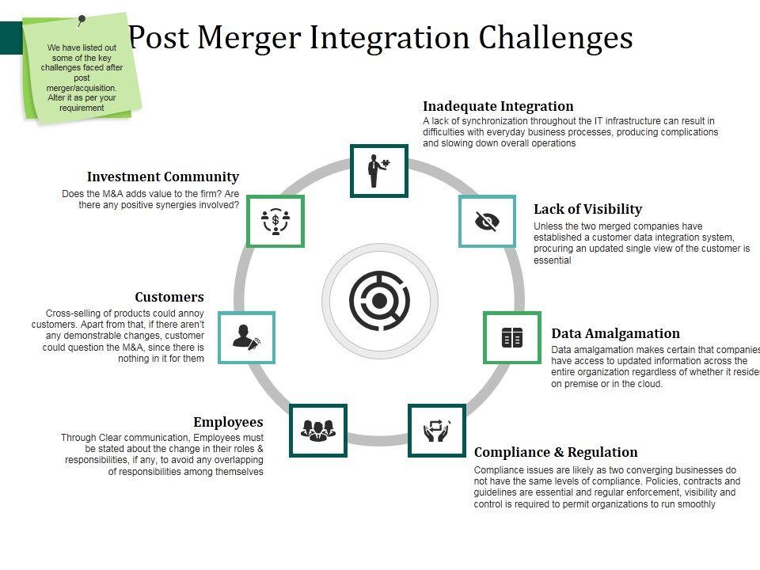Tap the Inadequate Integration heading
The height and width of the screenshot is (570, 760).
pos(498,106)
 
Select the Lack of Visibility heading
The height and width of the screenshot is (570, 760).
pos(587,209)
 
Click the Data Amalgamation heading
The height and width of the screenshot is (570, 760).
pos(615,333)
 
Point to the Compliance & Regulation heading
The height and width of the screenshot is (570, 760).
pos(556,452)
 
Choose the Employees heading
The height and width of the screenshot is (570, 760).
pos(228,422)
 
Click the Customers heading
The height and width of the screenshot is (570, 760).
pos(169,297)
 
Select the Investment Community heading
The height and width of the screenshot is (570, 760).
pos(162,177)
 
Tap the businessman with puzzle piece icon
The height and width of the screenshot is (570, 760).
pos(378,170)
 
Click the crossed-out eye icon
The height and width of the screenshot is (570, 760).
pos(487,221)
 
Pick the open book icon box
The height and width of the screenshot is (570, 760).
pos(511,338)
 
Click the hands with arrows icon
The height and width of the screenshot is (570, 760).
pos(436,430)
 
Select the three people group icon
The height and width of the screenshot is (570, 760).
pos(317,430)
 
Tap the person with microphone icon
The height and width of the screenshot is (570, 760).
pos(246,338)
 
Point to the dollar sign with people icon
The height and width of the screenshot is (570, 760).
pos(275,221)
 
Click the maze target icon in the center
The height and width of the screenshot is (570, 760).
pos(379,301)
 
